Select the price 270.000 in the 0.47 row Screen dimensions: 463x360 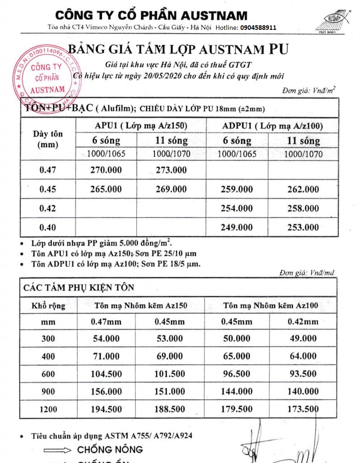tap(106, 170)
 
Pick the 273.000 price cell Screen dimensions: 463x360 tap(171, 170)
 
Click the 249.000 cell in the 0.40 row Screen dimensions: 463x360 tap(237, 227)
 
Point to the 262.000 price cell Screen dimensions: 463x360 tap(303, 189)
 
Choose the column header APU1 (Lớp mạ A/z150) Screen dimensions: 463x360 tap(140, 125)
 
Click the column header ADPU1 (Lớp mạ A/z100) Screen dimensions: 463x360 tap(270, 125)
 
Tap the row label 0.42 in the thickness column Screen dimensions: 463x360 tap(47, 208)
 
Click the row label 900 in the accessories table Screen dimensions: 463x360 tap(47, 391)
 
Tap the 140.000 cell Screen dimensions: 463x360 tap(303, 391)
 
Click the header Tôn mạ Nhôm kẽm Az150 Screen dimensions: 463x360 tap(140, 306)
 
